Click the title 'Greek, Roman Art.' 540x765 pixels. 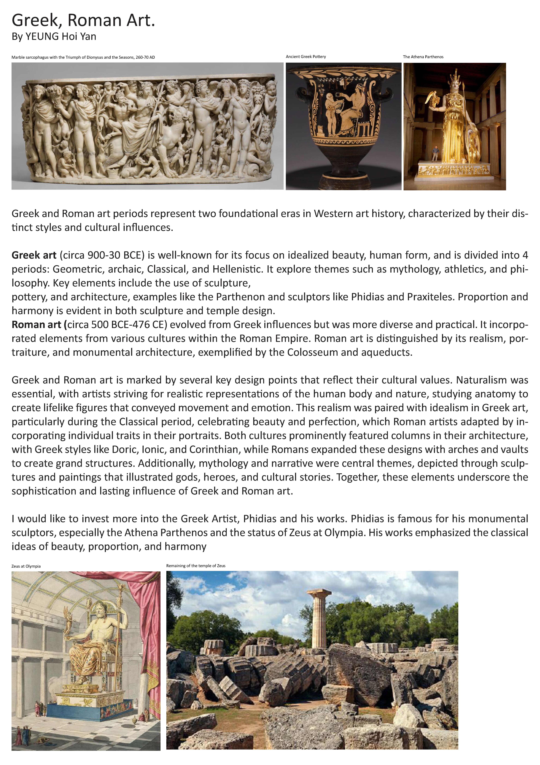(83, 21)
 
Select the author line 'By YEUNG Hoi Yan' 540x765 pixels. (54, 36)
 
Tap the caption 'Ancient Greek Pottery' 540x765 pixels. (306, 57)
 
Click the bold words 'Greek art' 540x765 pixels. (34, 255)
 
